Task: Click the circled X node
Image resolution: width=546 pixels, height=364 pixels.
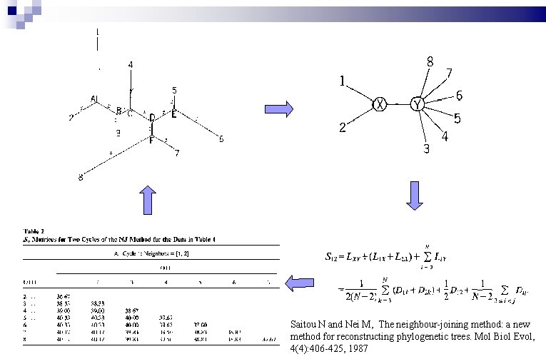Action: point(380,105)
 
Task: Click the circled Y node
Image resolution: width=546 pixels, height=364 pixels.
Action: point(418,105)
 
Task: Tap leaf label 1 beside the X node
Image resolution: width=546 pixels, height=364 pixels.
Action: point(343,82)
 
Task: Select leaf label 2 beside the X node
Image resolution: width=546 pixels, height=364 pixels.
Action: point(343,128)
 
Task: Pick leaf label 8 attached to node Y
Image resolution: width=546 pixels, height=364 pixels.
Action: point(430,63)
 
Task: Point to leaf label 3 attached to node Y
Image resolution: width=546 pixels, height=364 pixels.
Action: point(426,148)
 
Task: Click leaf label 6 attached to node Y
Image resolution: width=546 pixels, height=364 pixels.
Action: point(459,96)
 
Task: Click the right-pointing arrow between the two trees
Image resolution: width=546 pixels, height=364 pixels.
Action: point(279,108)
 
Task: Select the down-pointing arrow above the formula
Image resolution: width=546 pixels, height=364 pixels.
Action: point(415,196)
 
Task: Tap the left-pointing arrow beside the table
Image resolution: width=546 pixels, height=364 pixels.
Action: point(299,283)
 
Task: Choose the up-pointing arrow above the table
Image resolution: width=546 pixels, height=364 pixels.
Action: point(147,200)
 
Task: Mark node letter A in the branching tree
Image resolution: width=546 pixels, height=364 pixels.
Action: point(93,98)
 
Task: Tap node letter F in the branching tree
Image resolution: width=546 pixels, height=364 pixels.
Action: point(151,139)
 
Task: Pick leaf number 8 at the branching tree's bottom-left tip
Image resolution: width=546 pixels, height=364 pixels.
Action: point(80,178)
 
